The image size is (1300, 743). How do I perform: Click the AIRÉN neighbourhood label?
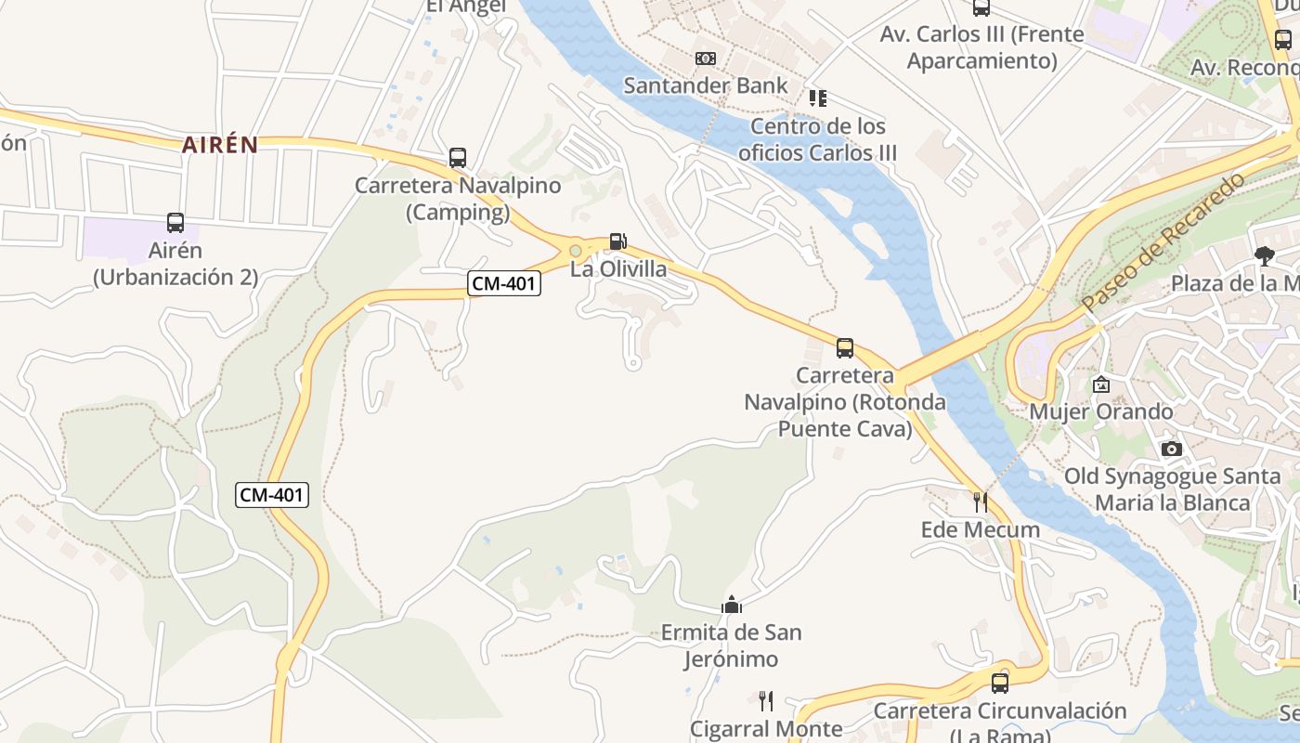(220, 145)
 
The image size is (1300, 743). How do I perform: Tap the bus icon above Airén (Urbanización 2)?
(175, 223)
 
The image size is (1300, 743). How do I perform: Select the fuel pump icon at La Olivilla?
(617, 241)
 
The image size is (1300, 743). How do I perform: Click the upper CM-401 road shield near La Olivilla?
(504, 284)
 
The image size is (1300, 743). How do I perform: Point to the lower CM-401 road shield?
(271, 495)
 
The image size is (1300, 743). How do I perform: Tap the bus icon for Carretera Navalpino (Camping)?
(457, 158)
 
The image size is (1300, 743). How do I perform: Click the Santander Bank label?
(705, 85)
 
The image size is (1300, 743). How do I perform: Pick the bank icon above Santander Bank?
(706, 59)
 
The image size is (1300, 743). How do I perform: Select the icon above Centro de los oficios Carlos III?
(818, 98)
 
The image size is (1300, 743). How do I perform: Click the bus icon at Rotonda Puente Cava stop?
(845, 348)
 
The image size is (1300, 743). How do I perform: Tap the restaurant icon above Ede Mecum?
(980, 502)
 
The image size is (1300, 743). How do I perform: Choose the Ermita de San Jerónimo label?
(731, 645)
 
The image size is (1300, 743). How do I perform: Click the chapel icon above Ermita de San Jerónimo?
(732, 606)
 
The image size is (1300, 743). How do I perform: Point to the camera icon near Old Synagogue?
(1172, 450)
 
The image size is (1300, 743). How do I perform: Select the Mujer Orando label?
(1101, 411)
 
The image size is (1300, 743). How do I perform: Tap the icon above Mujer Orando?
(1101, 385)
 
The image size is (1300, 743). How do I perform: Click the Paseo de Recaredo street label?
(1163, 242)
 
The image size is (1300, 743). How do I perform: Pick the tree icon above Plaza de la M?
(1264, 256)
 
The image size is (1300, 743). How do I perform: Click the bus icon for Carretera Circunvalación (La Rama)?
(1000, 684)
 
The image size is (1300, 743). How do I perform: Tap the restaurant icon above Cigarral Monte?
(766, 701)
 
